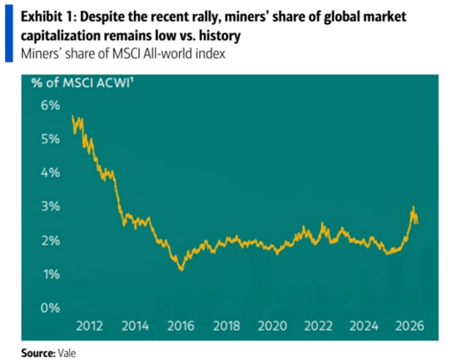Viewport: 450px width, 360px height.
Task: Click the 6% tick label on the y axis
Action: tap(51, 106)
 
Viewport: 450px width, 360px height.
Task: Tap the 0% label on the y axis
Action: tap(51, 308)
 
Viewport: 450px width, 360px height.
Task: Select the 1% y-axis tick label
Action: tap(52, 274)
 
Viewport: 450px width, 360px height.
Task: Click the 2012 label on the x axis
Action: tap(90, 326)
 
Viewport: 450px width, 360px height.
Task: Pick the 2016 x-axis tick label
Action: tap(181, 326)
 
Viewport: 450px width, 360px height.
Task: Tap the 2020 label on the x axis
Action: tap(272, 326)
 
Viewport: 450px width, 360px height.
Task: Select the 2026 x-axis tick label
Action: tap(410, 326)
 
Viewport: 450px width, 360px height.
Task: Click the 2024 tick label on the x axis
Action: tap(364, 326)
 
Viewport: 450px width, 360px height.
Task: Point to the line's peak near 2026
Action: tap(413, 206)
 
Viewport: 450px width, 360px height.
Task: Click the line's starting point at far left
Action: tap(72, 116)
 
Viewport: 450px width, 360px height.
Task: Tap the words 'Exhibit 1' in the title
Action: tap(48, 17)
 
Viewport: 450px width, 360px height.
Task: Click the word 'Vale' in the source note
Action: tap(67, 353)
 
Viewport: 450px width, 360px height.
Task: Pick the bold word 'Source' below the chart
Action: tap(38, 353)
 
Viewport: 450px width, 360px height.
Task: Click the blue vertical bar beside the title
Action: tap(9, 33)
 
